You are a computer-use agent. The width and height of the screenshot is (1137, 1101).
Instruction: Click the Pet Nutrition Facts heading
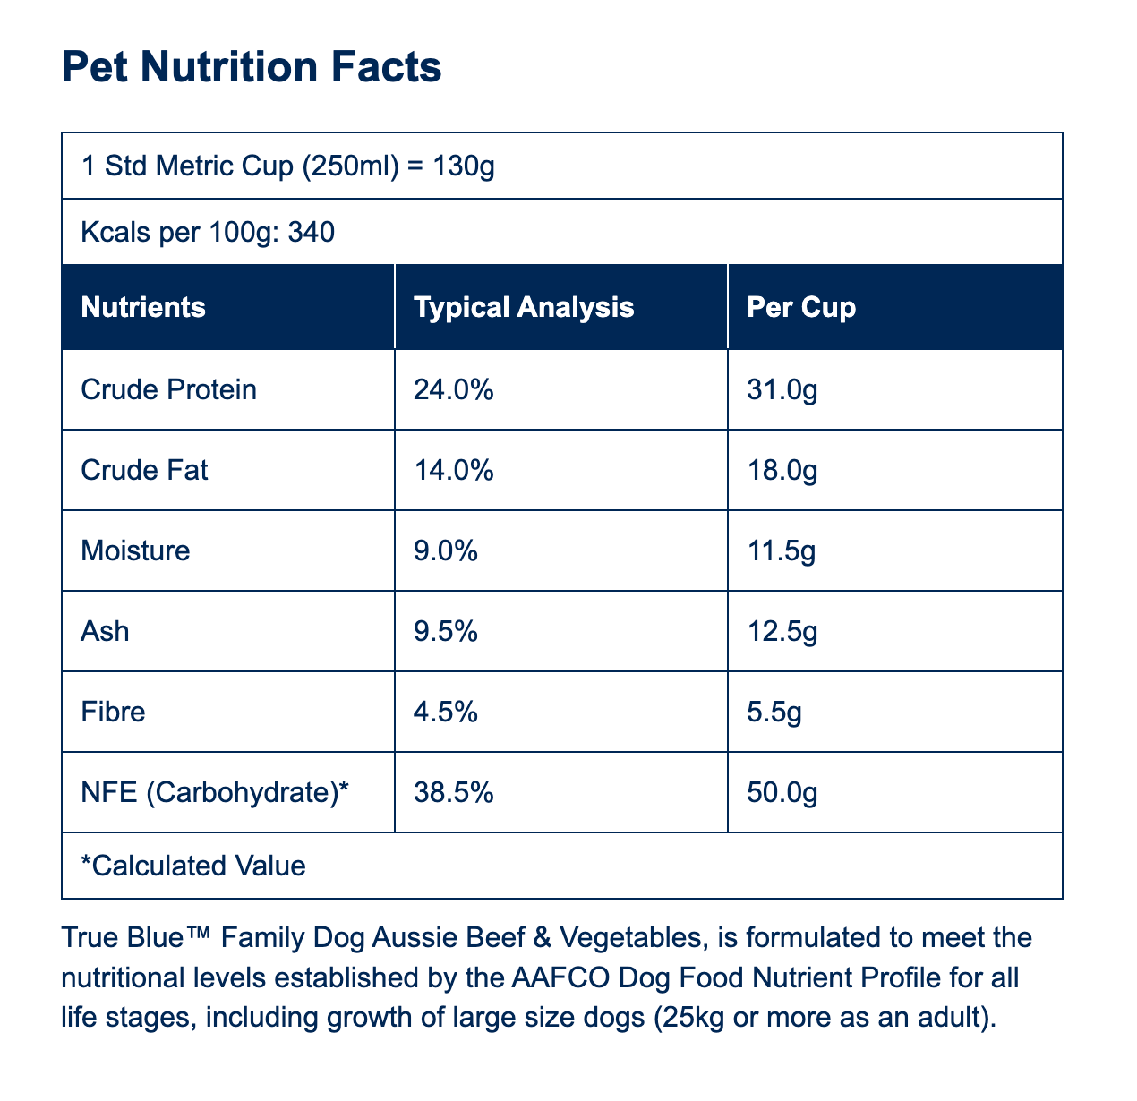pos(252,67)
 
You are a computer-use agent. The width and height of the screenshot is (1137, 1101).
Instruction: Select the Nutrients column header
pos(143,307)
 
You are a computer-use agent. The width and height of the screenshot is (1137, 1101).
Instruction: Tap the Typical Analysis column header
pos(524,308)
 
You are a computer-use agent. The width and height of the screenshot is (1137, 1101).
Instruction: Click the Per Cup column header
pos(801,308)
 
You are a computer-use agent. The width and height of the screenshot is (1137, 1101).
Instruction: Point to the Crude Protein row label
pos(168,389)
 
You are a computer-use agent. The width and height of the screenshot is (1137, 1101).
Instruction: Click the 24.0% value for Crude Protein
pos(453,389)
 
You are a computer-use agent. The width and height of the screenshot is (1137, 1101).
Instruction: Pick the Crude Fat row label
pos(144,470)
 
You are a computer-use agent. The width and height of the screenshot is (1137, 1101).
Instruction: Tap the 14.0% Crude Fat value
pos(453,470)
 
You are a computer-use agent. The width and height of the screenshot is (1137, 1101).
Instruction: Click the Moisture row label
pos(135,550)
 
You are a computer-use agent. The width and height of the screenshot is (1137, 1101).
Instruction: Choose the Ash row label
pos(105,631)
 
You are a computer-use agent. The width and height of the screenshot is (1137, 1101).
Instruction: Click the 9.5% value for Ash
pos(445,631)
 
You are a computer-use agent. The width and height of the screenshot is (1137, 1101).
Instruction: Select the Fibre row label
pos(113,712)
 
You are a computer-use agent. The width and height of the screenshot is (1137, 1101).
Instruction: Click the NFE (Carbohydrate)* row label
pos(215,792)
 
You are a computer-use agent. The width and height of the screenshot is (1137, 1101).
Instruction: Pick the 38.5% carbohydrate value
pos(453,792)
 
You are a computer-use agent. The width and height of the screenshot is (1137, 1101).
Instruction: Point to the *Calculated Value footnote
pos(192,866)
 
